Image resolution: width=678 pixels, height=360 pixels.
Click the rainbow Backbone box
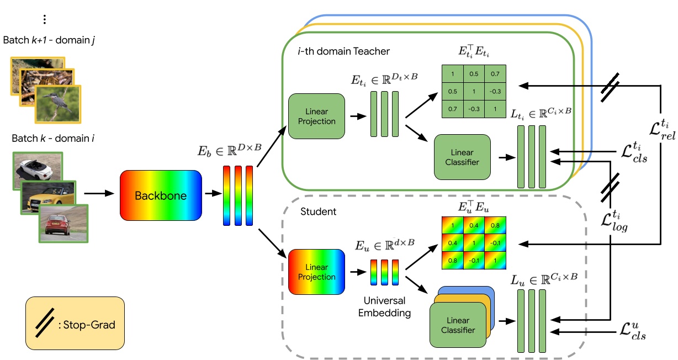(160, 196)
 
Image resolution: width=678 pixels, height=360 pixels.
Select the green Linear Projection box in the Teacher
(316, 117)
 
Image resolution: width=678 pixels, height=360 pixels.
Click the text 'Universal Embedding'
(385, 306)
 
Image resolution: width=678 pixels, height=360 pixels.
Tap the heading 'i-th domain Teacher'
(342, 51)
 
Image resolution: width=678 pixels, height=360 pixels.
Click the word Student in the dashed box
(317, 211)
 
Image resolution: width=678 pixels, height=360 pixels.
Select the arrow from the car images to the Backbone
(101, 194)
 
